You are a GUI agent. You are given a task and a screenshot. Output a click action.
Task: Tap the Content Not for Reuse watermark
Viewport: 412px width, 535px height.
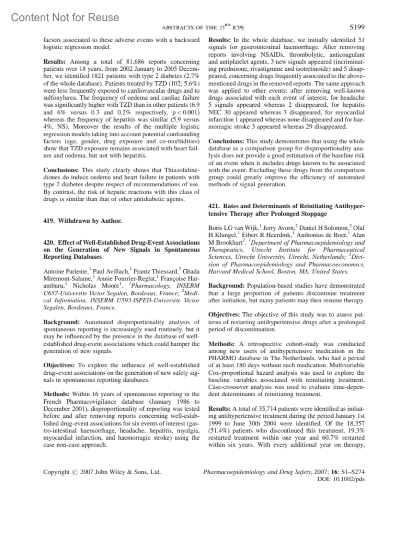pyautogui.click(x=65, y=18)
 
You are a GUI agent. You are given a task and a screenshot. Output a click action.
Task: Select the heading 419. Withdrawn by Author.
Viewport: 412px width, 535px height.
pyautogui.click(x=82, y=221)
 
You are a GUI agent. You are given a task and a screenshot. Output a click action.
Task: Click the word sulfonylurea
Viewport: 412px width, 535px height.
pyautogui.click(x=59, y=98)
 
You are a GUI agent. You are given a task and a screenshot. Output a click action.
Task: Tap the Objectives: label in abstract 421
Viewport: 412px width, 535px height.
pyautogui.click(x=224, y=315)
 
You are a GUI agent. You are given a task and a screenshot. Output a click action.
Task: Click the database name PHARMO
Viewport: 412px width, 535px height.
pyautogui.click(x=221, y=358)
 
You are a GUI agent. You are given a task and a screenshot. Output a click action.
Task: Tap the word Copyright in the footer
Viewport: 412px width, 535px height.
pyautogui.click(x=56, y=472)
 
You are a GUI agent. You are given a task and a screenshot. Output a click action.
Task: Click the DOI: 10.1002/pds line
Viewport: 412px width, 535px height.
pyautogui.click(x=342, y=479)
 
